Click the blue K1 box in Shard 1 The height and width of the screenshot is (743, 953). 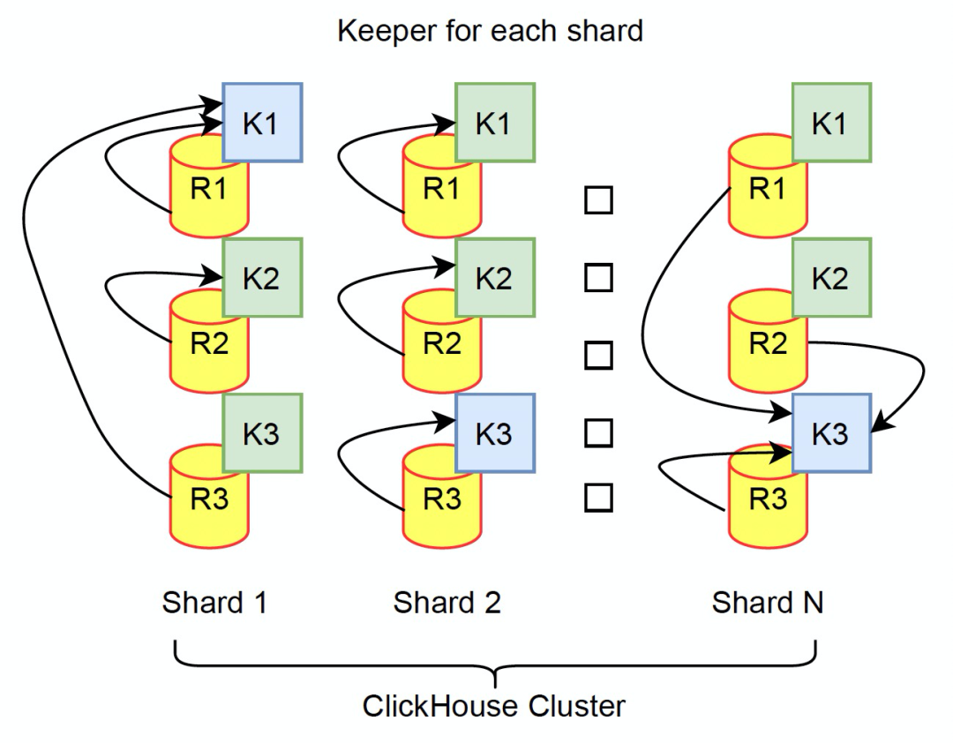262,123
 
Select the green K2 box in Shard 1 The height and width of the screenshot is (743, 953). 262,278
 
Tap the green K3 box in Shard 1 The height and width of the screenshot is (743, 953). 262,433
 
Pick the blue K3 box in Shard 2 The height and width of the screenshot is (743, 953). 495,433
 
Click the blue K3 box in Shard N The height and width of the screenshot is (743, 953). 831,433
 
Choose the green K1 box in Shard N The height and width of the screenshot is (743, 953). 831,123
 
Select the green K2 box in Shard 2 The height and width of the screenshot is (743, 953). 495,278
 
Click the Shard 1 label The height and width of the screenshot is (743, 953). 214,604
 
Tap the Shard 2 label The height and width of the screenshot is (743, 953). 446,604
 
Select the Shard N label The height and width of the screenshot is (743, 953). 768,604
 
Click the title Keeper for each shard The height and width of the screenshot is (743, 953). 490,32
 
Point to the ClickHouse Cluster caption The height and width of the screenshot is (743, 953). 494,706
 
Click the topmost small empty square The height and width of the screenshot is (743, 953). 598,200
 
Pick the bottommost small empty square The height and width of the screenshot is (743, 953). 598,498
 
